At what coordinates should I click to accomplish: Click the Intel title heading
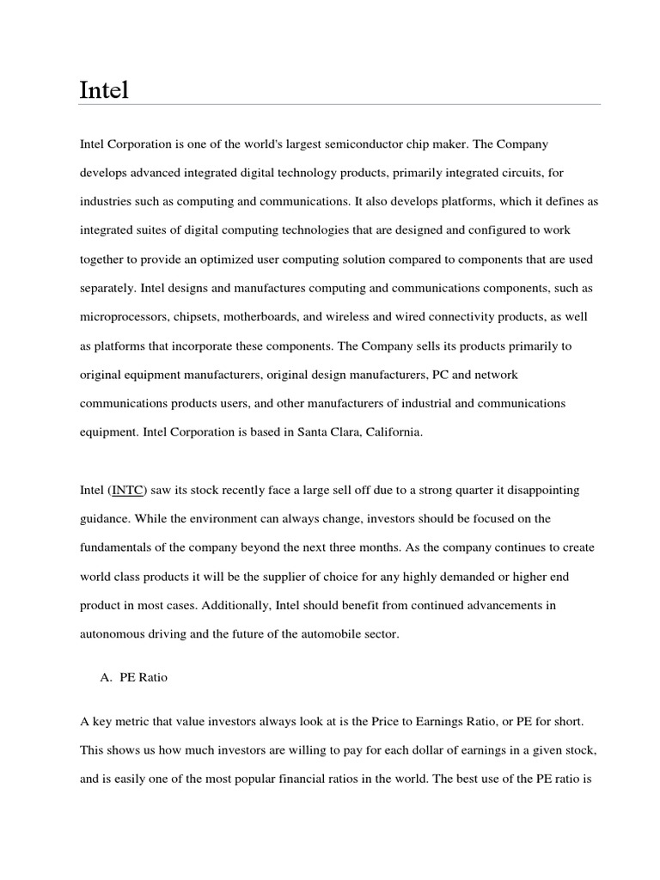[104, 89]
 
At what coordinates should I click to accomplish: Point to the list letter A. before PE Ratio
[107, 677]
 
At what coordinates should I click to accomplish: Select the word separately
[109, 289]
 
